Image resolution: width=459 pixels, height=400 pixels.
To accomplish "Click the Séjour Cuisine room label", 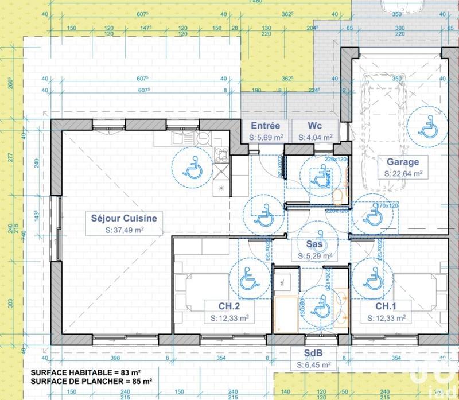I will (x=123, y=218).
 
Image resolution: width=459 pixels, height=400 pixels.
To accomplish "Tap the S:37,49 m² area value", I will (x=123, y=230).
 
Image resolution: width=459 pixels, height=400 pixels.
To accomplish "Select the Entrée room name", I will (x=266, y=126).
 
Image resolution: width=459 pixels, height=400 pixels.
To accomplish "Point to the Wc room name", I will (x=314, y=126).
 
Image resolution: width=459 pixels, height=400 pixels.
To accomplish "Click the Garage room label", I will (x=402, y=162).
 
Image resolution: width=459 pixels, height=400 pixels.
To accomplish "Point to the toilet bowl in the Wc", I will (x=339, y=197).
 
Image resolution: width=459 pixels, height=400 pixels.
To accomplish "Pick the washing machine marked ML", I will (x=284, y=281).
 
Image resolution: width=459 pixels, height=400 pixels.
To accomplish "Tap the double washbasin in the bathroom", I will (x=343, y=307).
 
